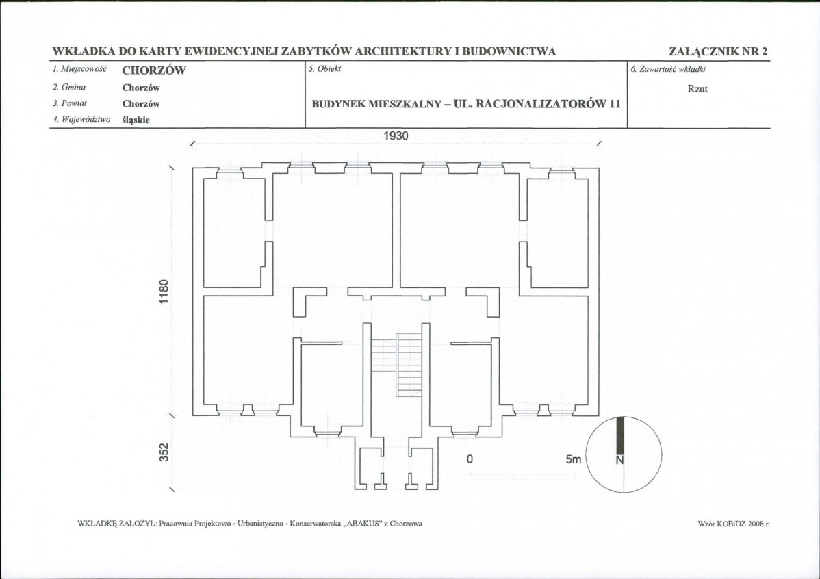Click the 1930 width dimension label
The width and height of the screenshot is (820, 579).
point(396,136)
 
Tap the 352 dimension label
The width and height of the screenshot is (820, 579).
point(164,453)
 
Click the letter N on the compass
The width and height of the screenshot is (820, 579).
point(619,461)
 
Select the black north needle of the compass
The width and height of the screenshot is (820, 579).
point(620,435)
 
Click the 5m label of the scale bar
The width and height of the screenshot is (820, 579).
point(573,459)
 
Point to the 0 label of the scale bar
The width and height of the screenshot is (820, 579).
point(470,459)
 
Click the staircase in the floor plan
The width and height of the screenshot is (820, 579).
point(396,365)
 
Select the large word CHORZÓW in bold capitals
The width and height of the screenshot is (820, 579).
point(154,70)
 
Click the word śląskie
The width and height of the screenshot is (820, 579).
point(136,120)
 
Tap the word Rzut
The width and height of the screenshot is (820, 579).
point(697,89)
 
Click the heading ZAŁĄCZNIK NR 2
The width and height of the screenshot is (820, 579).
point(718,51)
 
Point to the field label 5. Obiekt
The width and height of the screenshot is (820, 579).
point(324,69)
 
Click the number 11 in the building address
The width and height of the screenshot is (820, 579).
point(615,103)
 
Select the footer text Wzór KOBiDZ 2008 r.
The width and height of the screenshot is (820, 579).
point(734,523)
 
